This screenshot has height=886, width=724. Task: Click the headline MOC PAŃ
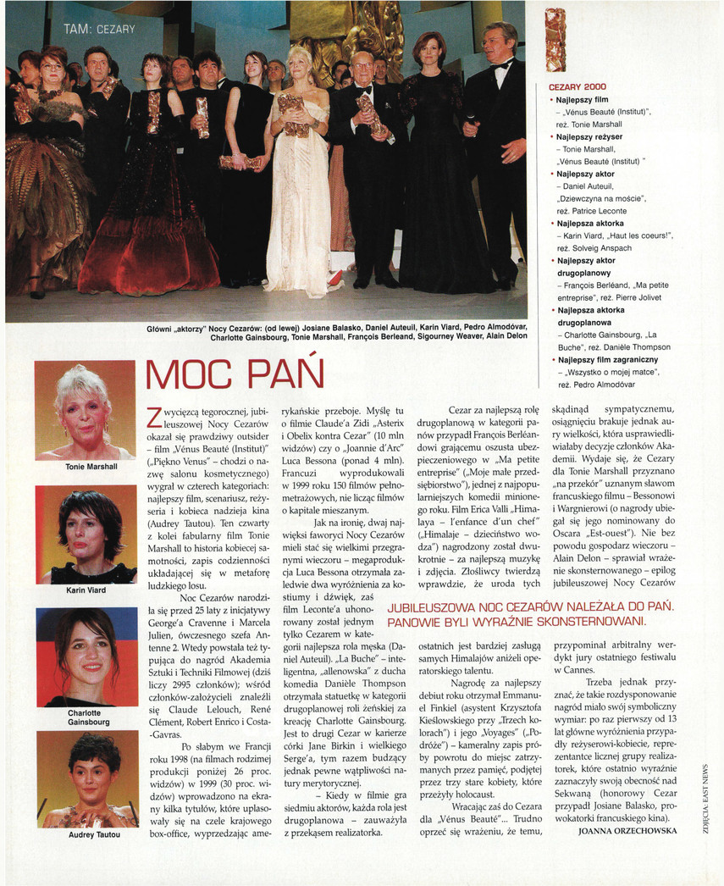click(235, 374)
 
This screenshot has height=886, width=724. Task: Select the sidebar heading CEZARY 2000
click(577, 86)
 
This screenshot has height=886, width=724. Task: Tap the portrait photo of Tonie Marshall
click(85, 410)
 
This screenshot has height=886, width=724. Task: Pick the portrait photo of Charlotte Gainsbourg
click(85, 656)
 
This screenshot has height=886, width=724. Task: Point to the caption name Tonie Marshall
click(85, 467)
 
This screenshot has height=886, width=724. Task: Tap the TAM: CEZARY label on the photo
click(99, 30)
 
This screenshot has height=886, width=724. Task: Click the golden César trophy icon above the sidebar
click(555, 40)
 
